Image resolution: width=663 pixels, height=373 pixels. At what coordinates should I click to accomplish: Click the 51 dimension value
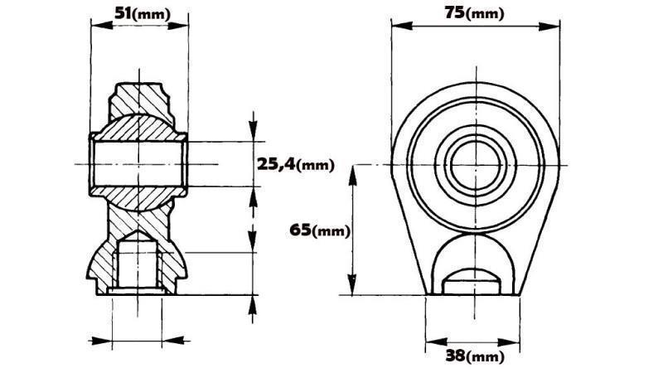click(x=123, y=14)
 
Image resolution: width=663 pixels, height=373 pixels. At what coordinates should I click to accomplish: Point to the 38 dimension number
click(x=455, y=356)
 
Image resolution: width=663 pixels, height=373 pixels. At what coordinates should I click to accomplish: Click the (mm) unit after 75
click(x=486, y=14)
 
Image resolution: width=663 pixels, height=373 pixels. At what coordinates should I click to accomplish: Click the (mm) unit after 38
click(x=486, y=357)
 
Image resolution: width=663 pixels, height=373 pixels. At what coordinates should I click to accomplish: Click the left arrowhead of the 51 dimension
click(x=94, y=26)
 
